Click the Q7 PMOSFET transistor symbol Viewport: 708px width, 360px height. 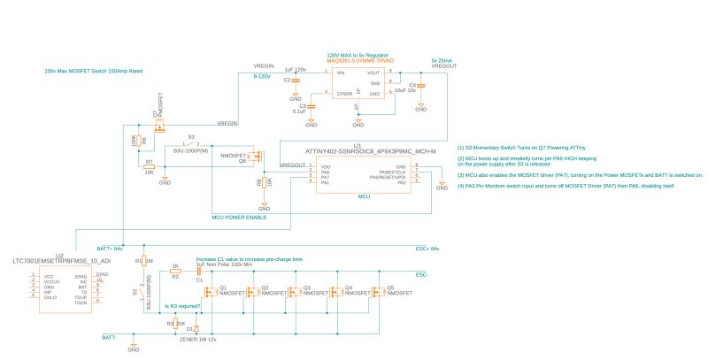click(x=159, y=126)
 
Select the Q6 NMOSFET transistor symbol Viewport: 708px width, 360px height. click(x=256, y=158)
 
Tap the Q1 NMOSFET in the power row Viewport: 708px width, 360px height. click(x=211, y=294)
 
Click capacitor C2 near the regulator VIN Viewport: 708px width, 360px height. click(x=296, y=80)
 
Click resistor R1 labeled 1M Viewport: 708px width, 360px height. click(x=143, y=262)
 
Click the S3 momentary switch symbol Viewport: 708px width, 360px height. click(x=190, y=144)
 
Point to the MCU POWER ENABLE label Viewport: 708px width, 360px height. click(x=239, y=216)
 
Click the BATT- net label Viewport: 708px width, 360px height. click(x=110, y=337)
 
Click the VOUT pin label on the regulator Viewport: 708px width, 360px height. click(x=373, y=72)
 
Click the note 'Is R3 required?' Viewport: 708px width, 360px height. click(x=183, y=306)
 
